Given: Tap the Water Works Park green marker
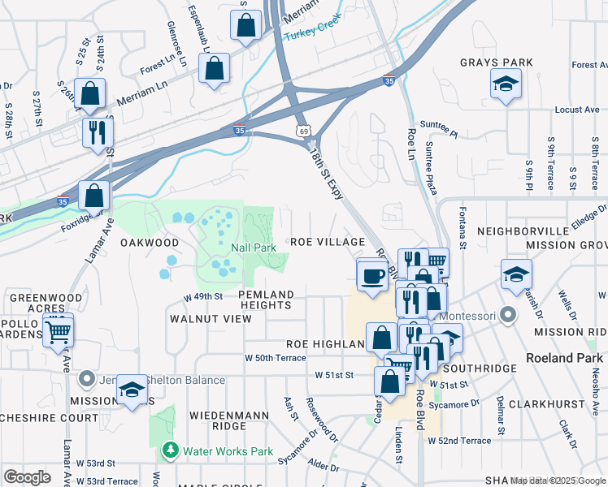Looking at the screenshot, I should pyautogui.click(x=170, y=450).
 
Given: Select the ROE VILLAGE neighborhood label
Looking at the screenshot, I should pyautogui.click(x=328, y=242).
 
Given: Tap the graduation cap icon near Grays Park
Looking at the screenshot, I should pyautogui.click(x=506, y=84).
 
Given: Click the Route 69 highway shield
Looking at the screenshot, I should pyautogui.click(x=303, y=130).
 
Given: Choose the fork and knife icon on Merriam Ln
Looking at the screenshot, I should pyautogui.click(x=98, y=131).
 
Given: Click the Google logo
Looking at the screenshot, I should pyautogui.click(x=27, y=477).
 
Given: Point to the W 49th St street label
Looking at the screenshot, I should pyautogui.click(x=203, y=297).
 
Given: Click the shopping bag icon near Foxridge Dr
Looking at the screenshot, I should pyautogui.click(x=94, y=196).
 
